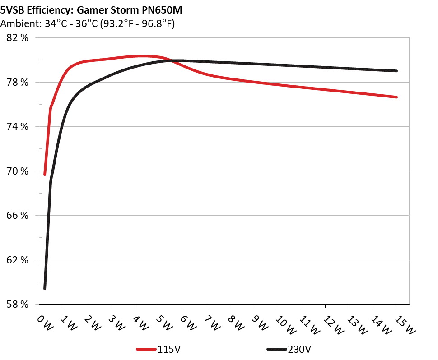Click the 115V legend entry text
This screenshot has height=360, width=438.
click(170, 349)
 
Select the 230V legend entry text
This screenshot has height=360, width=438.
click(300, 349)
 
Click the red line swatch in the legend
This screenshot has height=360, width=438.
click(146, 349)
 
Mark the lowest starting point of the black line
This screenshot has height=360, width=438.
click(45, 288)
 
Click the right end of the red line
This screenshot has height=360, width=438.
click(396, 97)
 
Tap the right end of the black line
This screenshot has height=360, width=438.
click(396, 71)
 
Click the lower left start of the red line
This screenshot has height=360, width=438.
click(45, 174)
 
